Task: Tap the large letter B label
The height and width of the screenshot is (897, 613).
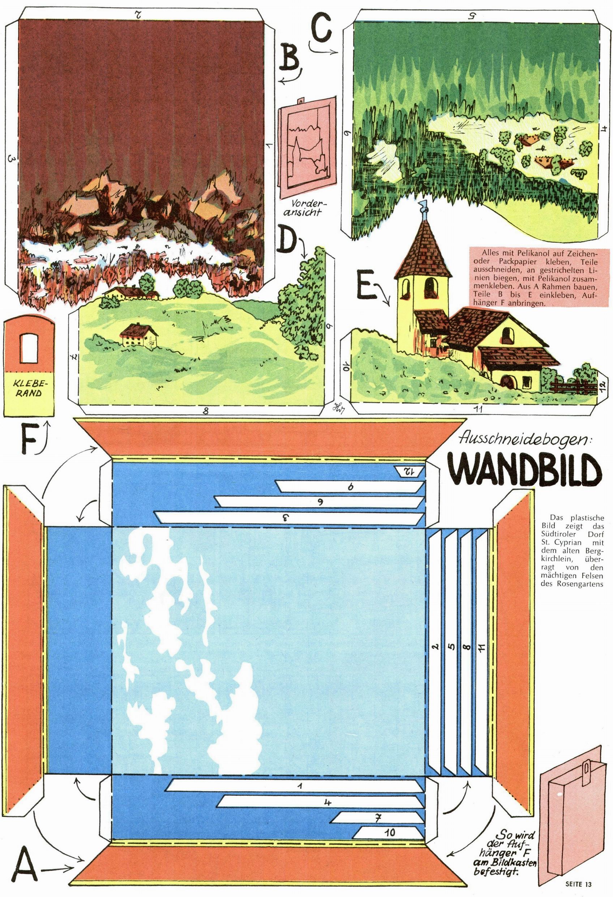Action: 290,58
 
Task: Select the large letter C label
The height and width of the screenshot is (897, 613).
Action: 320,27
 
